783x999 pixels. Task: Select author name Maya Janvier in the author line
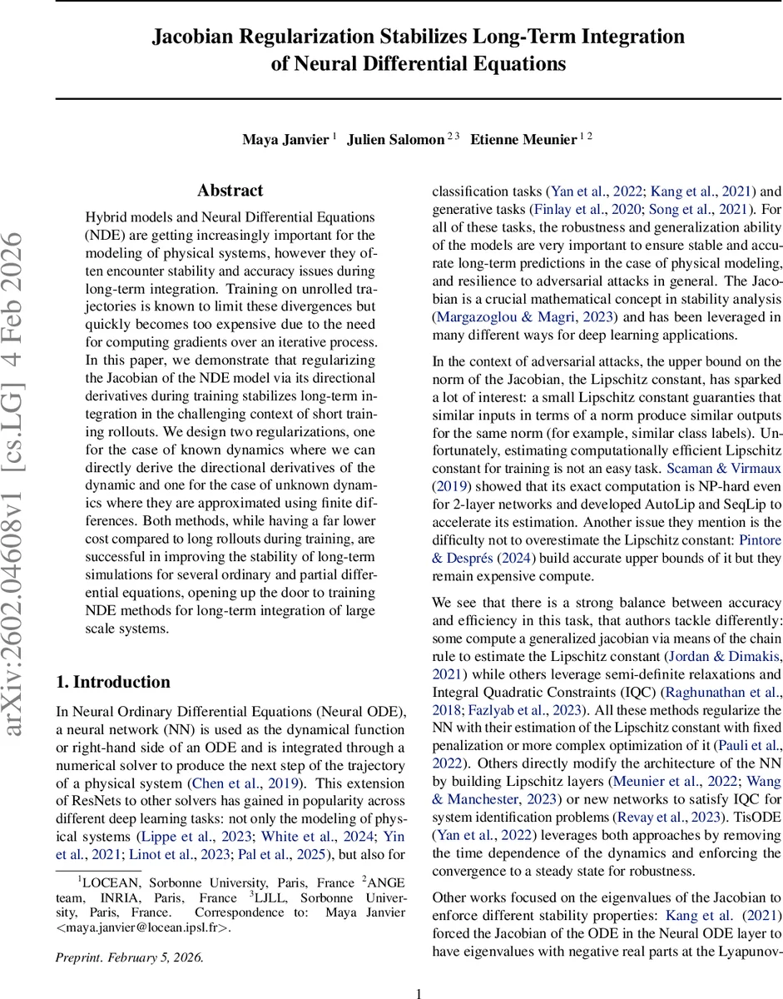tap(285, 139)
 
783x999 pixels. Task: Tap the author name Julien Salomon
tap(395, 139)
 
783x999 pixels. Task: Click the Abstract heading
tap(230, 191)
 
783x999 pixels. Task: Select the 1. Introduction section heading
tap(112, 682)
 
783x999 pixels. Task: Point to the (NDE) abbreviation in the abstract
tap(104, 235)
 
